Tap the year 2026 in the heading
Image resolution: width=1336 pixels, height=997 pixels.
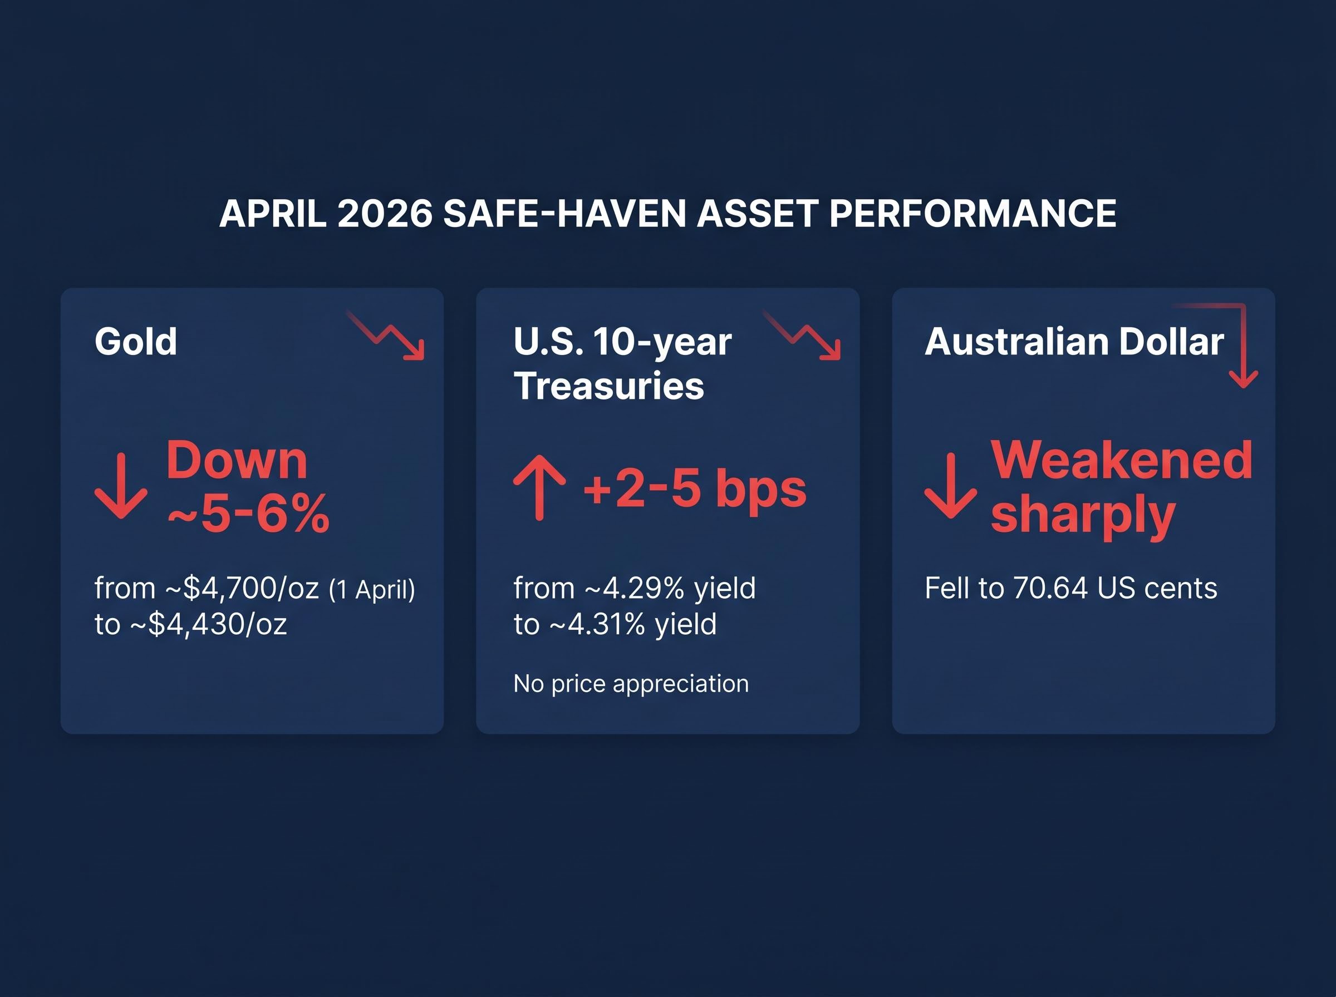[x=385, y=213]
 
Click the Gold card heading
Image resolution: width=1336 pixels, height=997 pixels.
[x=136, y=342]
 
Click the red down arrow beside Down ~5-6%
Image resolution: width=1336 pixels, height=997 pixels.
[x=121, y=486]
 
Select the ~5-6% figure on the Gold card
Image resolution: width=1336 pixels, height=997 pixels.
[x=248, y=514]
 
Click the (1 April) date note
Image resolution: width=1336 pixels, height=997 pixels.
[x=372, y=589]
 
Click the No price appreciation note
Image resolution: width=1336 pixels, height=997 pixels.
[x=631, y=683]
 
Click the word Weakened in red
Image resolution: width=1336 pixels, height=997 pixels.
[x=1122, y=460]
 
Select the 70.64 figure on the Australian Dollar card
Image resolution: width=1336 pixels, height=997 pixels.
[x=1050, y=588]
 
